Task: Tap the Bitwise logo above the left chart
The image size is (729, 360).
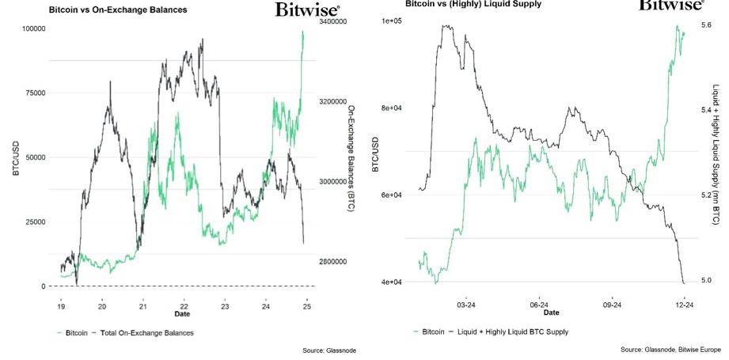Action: pyautogui.click(x=308, y=9)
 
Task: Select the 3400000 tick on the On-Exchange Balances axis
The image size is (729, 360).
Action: pyautogui.click(x=332, y=23)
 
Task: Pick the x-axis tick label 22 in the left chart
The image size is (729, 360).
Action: pyautogui.click(x=184, y=306)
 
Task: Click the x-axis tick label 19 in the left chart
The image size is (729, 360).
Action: pyautogui.click(x=61, y=306)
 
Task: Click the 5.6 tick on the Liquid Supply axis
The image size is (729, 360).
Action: pyautogui.click(x=706, y=25)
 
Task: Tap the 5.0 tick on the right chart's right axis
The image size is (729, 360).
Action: pyautogui.click(x=706, y=280)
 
